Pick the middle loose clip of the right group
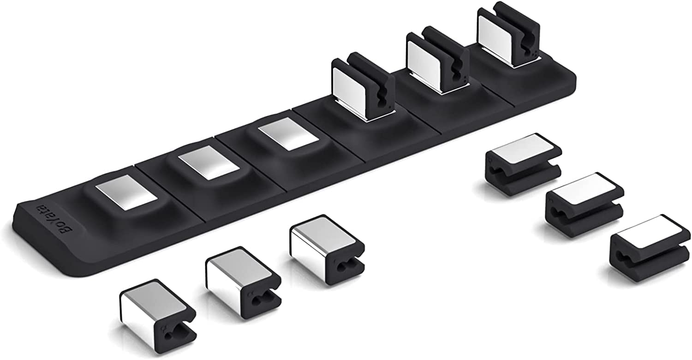585,198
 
